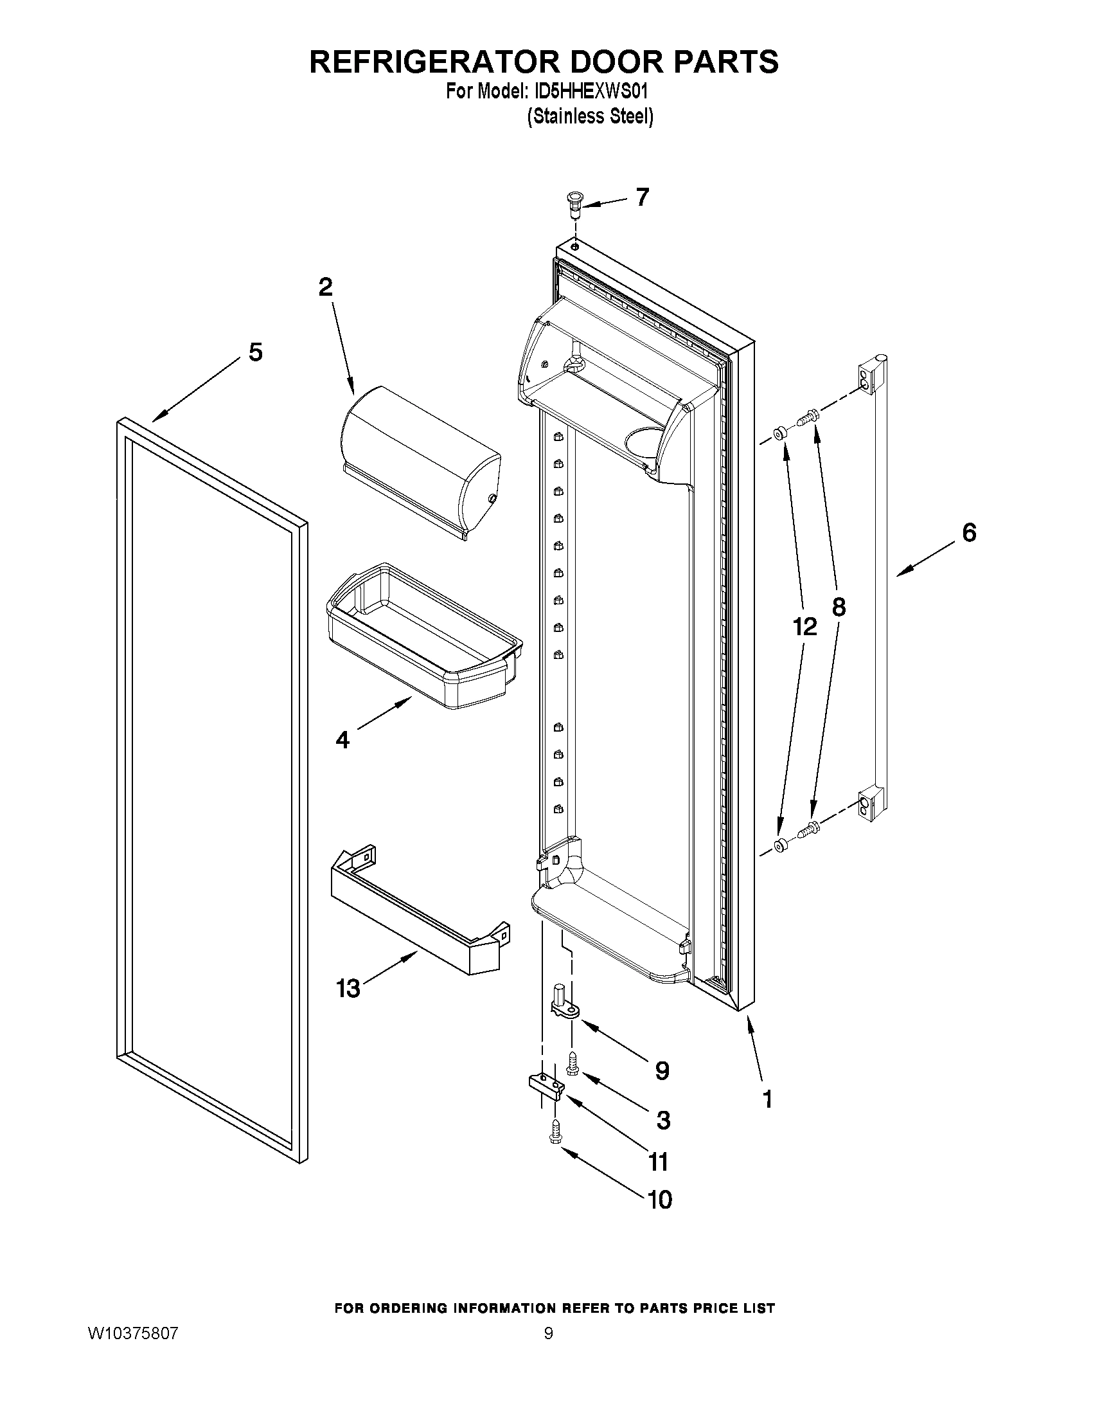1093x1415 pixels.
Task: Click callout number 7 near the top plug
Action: point(641,197)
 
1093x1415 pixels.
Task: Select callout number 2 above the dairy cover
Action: point(325,286)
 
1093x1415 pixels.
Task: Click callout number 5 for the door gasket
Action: point(256,352)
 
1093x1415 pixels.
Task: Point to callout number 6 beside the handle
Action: point(968,532)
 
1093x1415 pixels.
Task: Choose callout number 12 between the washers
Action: point(804,626)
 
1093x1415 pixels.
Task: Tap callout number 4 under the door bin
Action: point(342,739)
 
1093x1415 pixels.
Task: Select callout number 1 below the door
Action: point(767,1099)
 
